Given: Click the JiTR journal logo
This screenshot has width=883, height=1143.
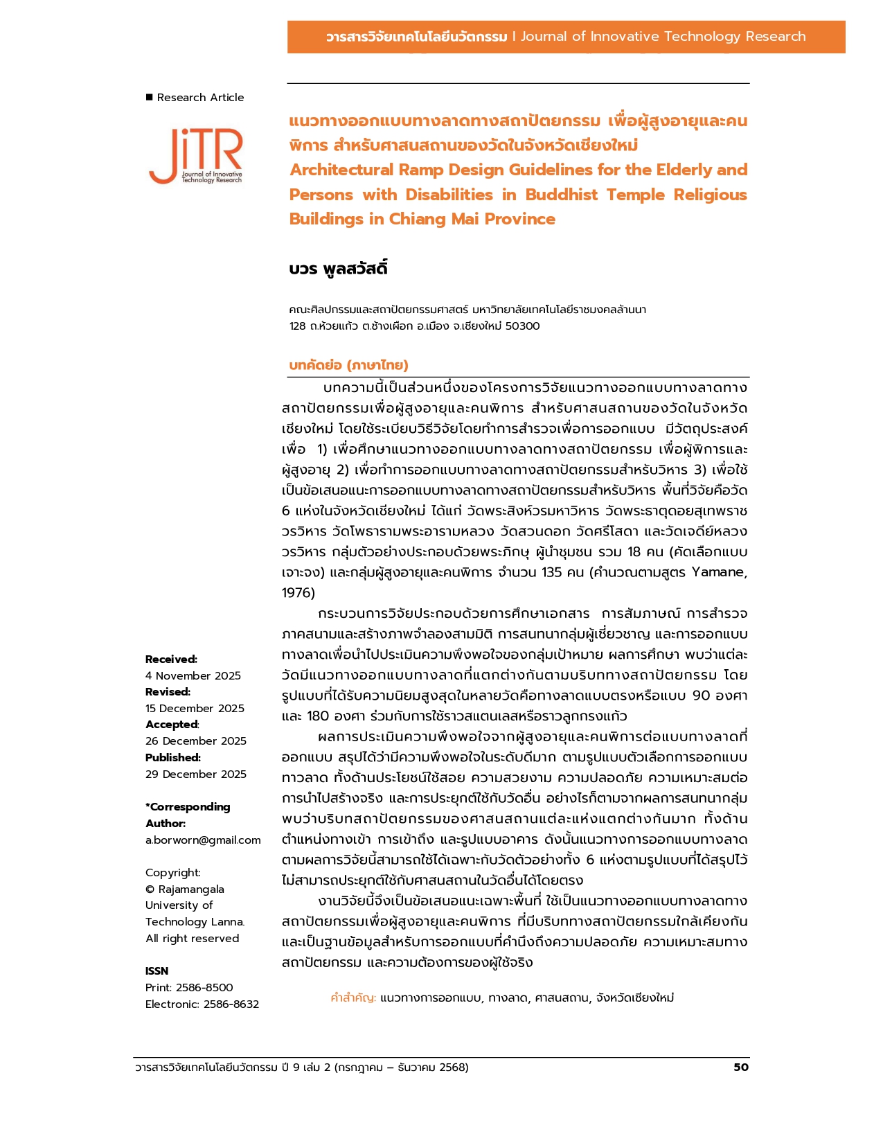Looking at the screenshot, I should pyautogui.click(x=196, y=157).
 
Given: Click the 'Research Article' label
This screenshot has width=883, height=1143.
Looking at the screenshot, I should pyautogui.click(x=200, y=98).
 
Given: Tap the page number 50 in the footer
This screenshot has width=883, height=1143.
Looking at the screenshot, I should pyautogui.click(x=740, y=1067).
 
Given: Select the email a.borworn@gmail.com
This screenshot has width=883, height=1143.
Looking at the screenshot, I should pyautogui.click(x=203, y=840).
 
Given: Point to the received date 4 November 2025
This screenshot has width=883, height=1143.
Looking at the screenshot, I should pyautogui.click(x=193, y=675).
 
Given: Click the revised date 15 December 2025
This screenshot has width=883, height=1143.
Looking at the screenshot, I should pyautogui.click(x=195, y=708).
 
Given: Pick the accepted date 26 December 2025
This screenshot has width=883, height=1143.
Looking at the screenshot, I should pyautogui.click(x=196, y=741).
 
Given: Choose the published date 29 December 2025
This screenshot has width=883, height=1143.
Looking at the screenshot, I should pyautogui.click(x=196, y=774).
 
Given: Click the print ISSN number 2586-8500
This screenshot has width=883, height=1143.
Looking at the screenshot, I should pyautogui.click(x=204, y=987).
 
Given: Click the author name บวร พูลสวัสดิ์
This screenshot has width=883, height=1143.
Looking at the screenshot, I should pyautogui.click(x=338, y=269).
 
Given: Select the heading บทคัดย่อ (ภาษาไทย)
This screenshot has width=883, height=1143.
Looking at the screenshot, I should pyautogui.click(x=348, y=365).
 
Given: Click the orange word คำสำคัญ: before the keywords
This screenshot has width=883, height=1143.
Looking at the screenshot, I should pyautogui.click(x=353, y=998).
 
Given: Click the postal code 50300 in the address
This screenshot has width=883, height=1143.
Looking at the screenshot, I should pyautogui.click(x=522, y=326).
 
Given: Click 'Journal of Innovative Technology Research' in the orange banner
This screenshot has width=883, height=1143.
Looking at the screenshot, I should pyautogui.click(x=663, y=37).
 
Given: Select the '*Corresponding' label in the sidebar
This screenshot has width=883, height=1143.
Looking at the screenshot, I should pyautogui.click(x=188, y=806).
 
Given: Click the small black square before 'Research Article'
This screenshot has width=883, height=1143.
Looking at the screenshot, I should pyautogui.click(x=149, y=97).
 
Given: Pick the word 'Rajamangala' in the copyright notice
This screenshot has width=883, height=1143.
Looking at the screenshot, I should pyautogui.click(x=191, y=889).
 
